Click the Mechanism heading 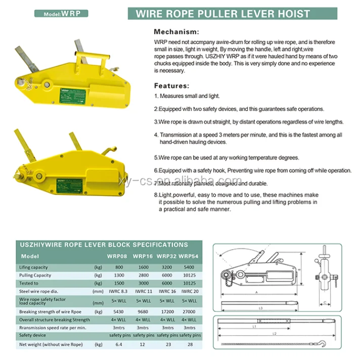[x=176, y=31]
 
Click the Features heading [x=172, y=85]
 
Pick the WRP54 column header [x=188, y=256]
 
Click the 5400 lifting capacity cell [x=188, y=266]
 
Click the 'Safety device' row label [x=33, y=335]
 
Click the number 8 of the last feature [x=156, y=194]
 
